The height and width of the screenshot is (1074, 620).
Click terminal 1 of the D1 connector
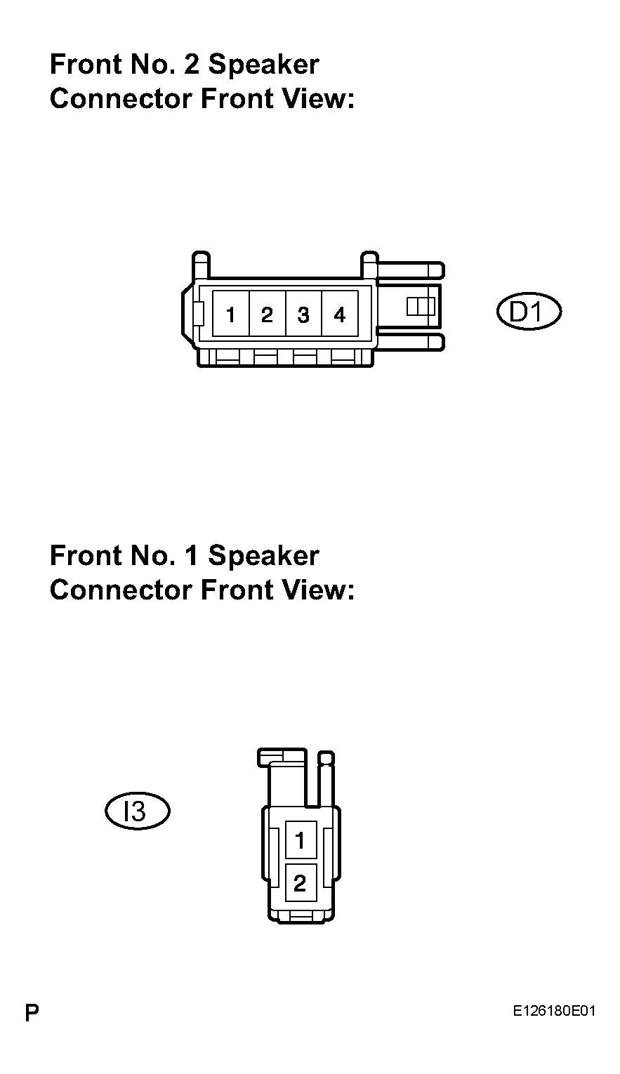(x=231, y=313)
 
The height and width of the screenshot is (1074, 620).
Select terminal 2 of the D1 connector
(x=268, y=313)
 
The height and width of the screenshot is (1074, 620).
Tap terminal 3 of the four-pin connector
(x=303, y=313)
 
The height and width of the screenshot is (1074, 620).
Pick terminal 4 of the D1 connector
(x=340, y=313)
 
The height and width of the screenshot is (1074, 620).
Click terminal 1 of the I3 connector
(x=301, y=840)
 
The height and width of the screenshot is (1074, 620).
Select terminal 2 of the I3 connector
(x=301, y=882)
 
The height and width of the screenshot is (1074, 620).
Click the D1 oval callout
(x=529, y=312)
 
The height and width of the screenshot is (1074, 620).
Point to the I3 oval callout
(x=138, y=811)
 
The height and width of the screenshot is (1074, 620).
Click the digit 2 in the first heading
(x=191, y=65)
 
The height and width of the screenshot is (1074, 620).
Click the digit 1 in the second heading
(x=192, y=556)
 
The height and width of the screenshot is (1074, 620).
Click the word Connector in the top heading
(x=121, y=99)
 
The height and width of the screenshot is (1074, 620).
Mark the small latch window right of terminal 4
(x=421, y=306)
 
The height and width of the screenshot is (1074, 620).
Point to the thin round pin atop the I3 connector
(x=327, y=780)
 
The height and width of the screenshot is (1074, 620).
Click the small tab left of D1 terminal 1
(x=199, y=313)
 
